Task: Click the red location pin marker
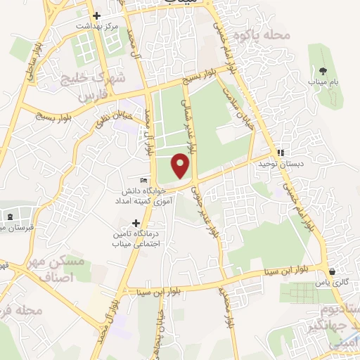(181, 165)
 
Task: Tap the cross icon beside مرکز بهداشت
(96, 15)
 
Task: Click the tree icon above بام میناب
(323, 71)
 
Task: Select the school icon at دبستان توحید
(281, 152)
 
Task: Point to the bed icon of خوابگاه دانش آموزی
(144, 180)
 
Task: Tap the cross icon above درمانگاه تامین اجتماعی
(136, 223)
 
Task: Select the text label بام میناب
(323, 83)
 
